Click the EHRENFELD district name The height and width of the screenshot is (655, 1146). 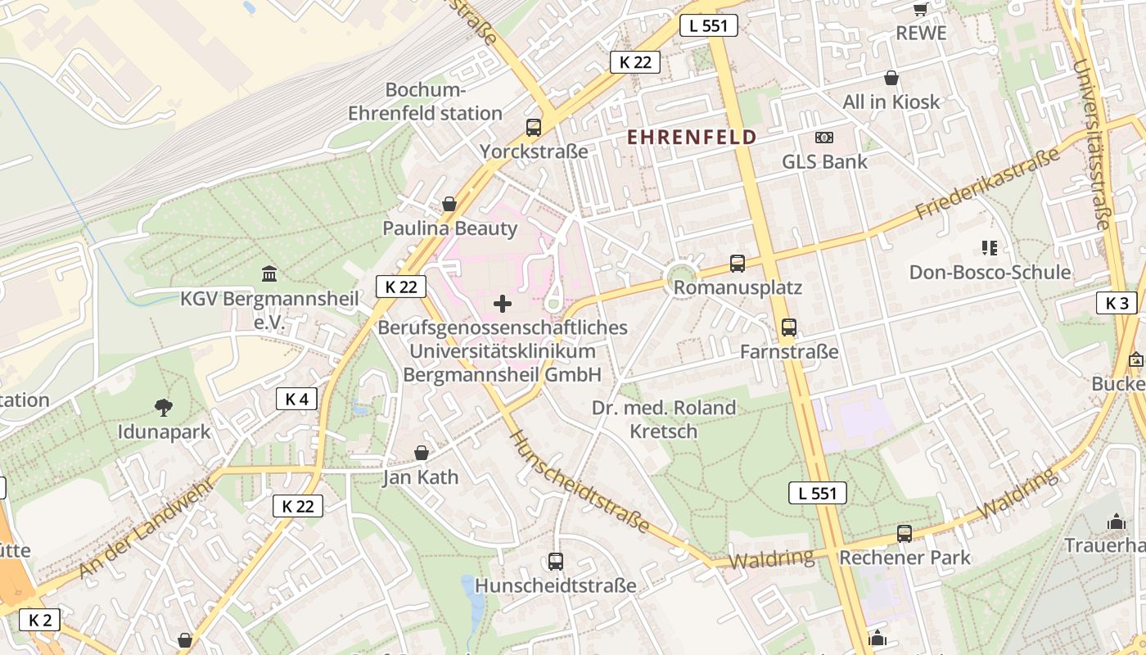point(692,137)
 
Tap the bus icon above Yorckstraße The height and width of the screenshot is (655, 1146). point(534,127)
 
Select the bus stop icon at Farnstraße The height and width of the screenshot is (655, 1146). point(789,327)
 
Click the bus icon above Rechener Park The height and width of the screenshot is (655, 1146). point(905,534)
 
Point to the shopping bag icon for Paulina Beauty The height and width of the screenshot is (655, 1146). point(449,204)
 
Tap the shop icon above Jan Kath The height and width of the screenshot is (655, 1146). point(421,453)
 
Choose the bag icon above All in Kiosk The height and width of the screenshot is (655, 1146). point(891,78)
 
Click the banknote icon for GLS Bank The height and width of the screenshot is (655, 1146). point(824,138)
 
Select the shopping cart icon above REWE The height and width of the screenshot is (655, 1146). point(920,9)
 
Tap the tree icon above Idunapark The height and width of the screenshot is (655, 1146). point(164,407)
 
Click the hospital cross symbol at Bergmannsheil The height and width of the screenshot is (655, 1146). point(503,305)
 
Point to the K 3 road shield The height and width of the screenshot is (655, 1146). point(1117,303)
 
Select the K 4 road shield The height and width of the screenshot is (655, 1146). point(296,399)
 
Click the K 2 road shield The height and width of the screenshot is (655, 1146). point(40,620)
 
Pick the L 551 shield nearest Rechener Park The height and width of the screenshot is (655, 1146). point(817,493)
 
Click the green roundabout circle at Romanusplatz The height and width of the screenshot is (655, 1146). point(680,273)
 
